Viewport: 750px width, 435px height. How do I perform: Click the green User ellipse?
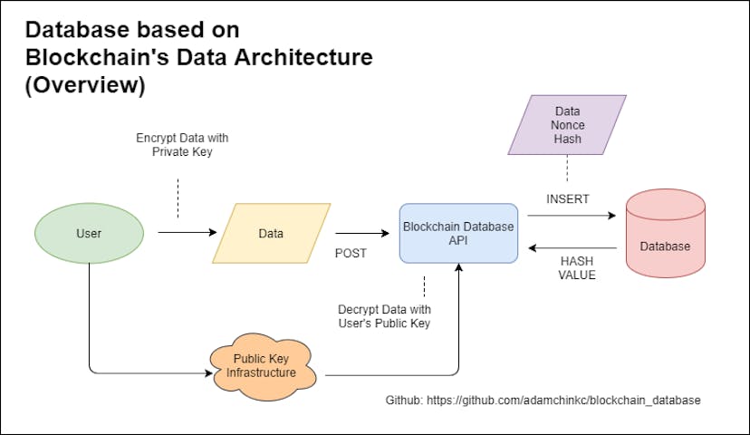pos(89,234)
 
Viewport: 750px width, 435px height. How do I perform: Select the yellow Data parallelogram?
pos(271,234)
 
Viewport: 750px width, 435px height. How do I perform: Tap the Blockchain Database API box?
pos(458,233)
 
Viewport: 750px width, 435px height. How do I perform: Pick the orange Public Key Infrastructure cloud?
pos(265,365)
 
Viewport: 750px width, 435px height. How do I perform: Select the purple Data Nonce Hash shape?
pos(568,126)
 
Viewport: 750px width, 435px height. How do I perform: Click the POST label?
pos(351,254)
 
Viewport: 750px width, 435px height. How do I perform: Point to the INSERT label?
pos(567,198)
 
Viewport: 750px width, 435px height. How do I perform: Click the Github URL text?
pos(543,400)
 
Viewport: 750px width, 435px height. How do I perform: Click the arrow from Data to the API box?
pos(357,233)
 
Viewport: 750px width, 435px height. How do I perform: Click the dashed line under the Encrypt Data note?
pos(178,197)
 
